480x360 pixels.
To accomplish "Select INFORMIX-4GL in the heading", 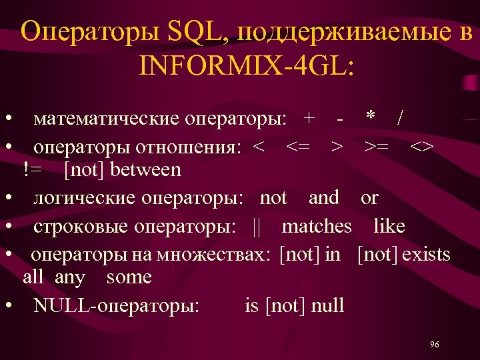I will click(x=247, y=65).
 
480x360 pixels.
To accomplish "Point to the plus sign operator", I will click(x=309, y=119).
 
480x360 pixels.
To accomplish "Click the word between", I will click(x=145, y=170).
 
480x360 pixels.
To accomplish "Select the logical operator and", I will click(x=324, y=198).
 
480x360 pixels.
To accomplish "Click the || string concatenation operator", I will click(x=257, y=227).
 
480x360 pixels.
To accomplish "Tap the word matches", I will click(x=317, y=227).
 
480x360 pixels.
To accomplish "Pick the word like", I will click(x=389, y=227).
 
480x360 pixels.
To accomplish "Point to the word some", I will click(x=129, y=277).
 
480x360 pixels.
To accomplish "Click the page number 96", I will click(x=435, y=344).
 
